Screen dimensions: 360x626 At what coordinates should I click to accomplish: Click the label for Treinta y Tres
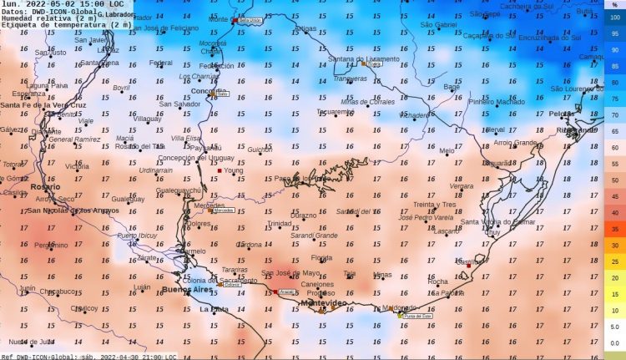pos(435,204)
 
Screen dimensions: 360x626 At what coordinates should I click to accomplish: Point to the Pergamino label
pos(51,245)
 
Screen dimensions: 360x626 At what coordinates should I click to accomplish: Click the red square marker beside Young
pos(220,170)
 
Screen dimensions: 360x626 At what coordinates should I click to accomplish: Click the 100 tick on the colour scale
pos(614,18)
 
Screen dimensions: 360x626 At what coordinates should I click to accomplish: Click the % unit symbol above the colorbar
pos(614,5)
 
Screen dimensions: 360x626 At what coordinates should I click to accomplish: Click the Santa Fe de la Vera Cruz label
pos(43,105)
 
